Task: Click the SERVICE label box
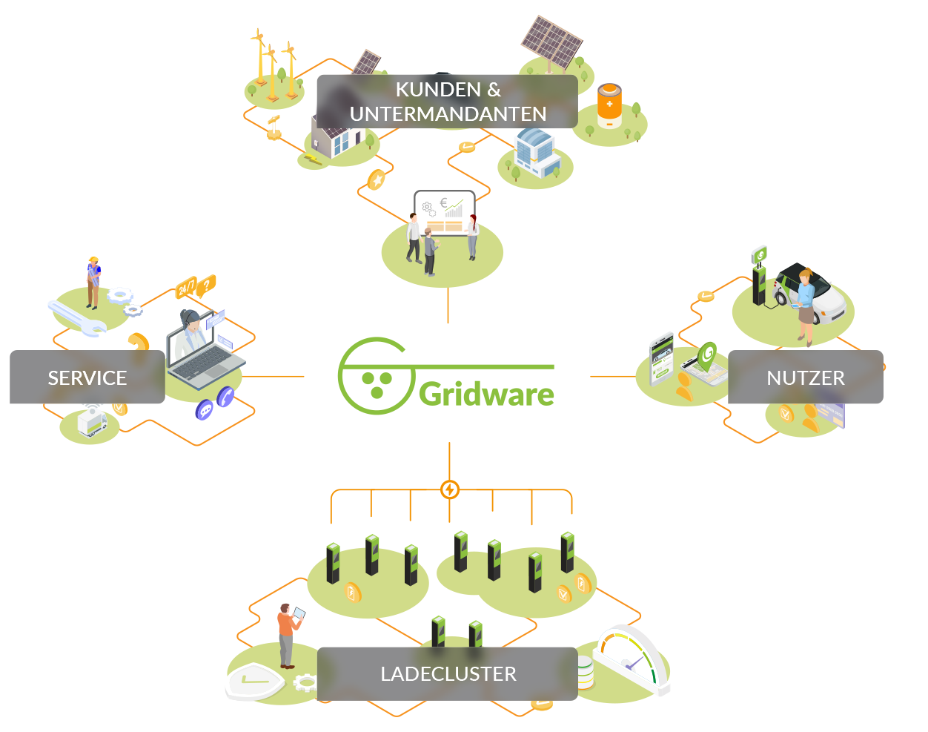pos(87,377)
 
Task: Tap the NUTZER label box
pos(805,377)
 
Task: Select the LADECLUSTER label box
pos(448,673)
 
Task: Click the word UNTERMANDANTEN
pos(448,114)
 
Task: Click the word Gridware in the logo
pos(486,394)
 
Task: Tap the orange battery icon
pos(609,105)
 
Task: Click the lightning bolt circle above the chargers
pos(450,489)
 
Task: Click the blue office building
pos(534,151)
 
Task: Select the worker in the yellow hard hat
pos(93,282)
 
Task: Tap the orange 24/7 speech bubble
pos(185,287)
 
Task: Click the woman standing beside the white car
pos(806,304)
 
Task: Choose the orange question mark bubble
pos(208,283)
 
